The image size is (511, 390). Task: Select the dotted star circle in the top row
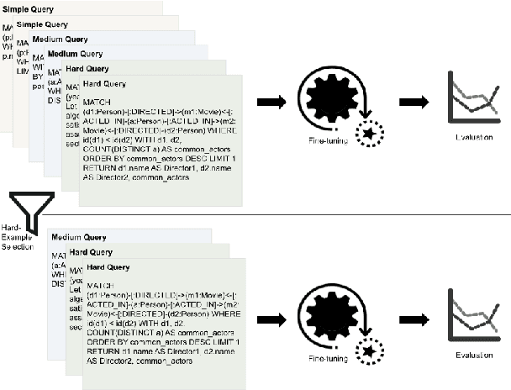[371, 133]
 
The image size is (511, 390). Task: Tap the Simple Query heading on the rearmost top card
[29, 8]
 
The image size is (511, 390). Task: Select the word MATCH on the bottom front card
[99, 286]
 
